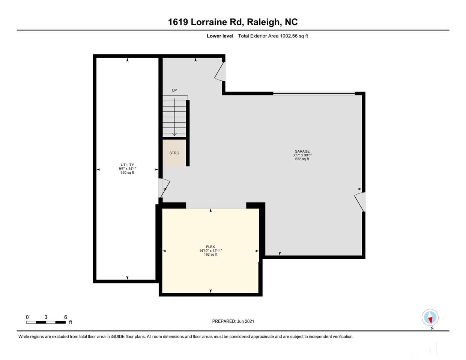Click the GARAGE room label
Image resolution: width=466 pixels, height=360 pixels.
tap(302, 151)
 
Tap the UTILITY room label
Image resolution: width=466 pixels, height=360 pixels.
tap(127, 165)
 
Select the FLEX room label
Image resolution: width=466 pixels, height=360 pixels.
tap(210, 247)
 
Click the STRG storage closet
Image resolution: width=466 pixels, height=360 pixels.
tap(174, 153)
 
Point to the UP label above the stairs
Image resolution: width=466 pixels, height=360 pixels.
tap(174, 90)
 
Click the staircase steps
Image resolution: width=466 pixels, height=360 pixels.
tap(174, 117)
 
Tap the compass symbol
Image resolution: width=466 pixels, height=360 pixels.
tap(430, 318)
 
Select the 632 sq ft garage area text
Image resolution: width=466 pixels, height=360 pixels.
tap(302, 159)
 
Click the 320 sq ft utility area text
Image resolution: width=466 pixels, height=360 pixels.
tap(127, 172)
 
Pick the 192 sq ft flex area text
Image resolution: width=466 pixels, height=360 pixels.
tap(210, 255)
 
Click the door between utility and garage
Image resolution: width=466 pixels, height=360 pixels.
tap(164, 187)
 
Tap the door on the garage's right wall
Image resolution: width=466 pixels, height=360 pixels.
tap(360, 202)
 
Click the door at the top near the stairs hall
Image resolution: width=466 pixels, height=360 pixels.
tap(220, 72)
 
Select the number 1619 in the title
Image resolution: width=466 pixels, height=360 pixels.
tap(178, 22)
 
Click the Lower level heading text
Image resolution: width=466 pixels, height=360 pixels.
tap(220, 36)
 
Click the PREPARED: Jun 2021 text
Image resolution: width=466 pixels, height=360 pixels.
tap(233, 321)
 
